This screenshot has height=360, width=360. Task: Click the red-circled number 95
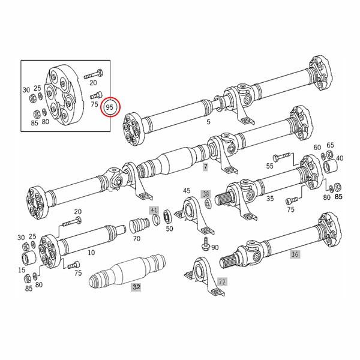[x=110, y=107]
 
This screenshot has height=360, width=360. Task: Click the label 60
[x=317, y=147]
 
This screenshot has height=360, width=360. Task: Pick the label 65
[x=330, y=146]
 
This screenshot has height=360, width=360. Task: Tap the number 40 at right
[x=340, y=158]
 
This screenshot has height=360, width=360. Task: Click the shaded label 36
[x=294, y=254]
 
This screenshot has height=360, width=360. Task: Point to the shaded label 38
[x=206, y=194]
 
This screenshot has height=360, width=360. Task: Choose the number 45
[x=187, y=191]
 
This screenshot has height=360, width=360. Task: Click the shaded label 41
[x=154, y=211]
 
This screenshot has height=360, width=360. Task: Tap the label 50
[x=169, y=229]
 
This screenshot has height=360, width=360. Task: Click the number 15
[x=22, y=271]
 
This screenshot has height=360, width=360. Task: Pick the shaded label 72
[x=221, y=281]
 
